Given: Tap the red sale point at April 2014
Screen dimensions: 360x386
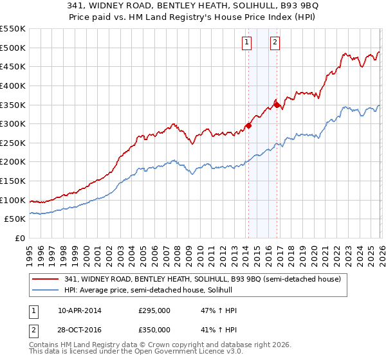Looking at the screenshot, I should [x=248, y=125].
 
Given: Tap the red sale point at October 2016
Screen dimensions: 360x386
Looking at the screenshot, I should [x=277, y=104].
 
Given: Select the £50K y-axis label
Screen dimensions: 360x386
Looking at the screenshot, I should [x=15, y=219].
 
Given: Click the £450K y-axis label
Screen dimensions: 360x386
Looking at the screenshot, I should [x=13, y=66].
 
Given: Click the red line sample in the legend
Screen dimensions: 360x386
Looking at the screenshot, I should [x=46, y=279].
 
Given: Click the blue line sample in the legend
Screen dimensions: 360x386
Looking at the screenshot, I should [x=46, y=290].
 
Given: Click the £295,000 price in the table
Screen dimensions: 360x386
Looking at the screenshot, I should [x=154, y=310].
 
